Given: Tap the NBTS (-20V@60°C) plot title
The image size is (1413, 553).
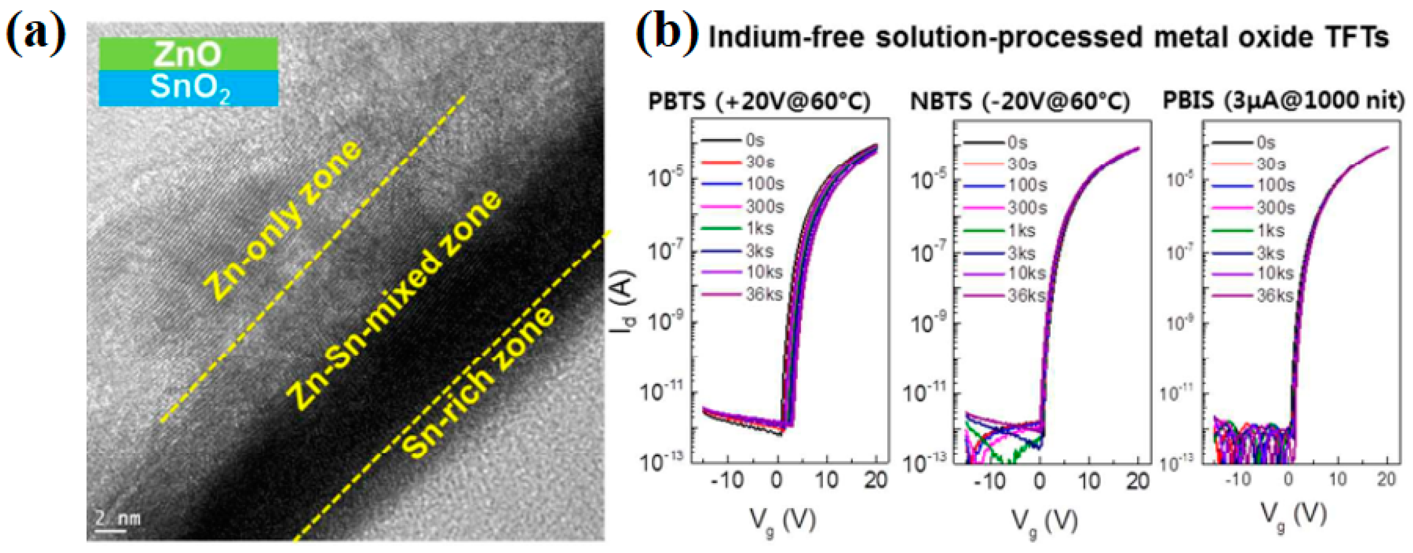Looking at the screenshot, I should pyautogui.click(x=1020, y=102).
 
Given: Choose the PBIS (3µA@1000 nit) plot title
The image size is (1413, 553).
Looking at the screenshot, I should pyautogui.click(x=1283, y=102).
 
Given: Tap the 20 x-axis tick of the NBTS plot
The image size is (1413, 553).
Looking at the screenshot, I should pyautogui.click(x=1138, y=482).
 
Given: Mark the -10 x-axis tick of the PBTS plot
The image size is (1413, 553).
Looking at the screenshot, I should pyautogui.click(x=727, y=482).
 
